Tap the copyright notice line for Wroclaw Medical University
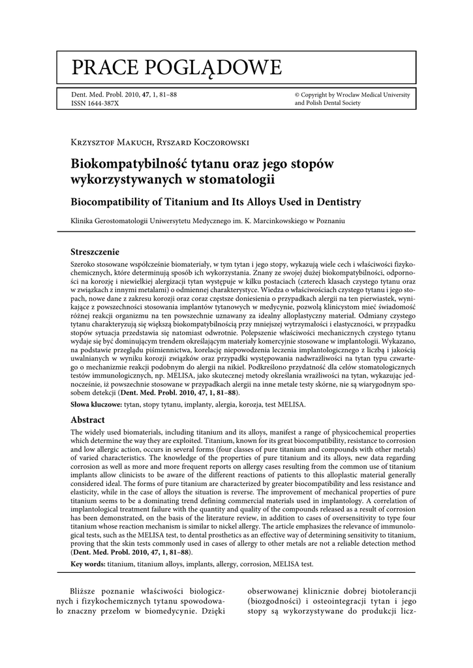click(x=352, y=95)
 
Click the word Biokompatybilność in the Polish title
click(x=129, y=163)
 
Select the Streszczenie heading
click(x=99, y=251)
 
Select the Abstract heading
click(x=88, y=420)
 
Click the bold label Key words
click(x=88, y=564)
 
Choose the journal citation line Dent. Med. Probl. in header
click(x=123, y=95)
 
